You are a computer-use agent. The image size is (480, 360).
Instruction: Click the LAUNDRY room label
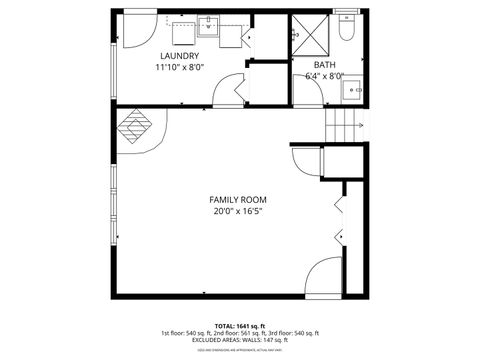coord(179,56)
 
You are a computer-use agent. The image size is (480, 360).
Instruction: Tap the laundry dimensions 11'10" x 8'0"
coord(179,68)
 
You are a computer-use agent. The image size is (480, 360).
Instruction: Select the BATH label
coord(324,64)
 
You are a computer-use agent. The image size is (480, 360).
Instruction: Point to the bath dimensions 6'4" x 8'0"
coord(324,76)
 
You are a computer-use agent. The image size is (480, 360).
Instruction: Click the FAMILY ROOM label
coord(237,199)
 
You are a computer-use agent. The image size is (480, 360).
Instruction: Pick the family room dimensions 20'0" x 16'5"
coord(237,211)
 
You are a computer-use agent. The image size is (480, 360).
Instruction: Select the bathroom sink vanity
coord(351,89)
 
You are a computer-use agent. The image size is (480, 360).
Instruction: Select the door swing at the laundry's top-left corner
coord(137,30)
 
